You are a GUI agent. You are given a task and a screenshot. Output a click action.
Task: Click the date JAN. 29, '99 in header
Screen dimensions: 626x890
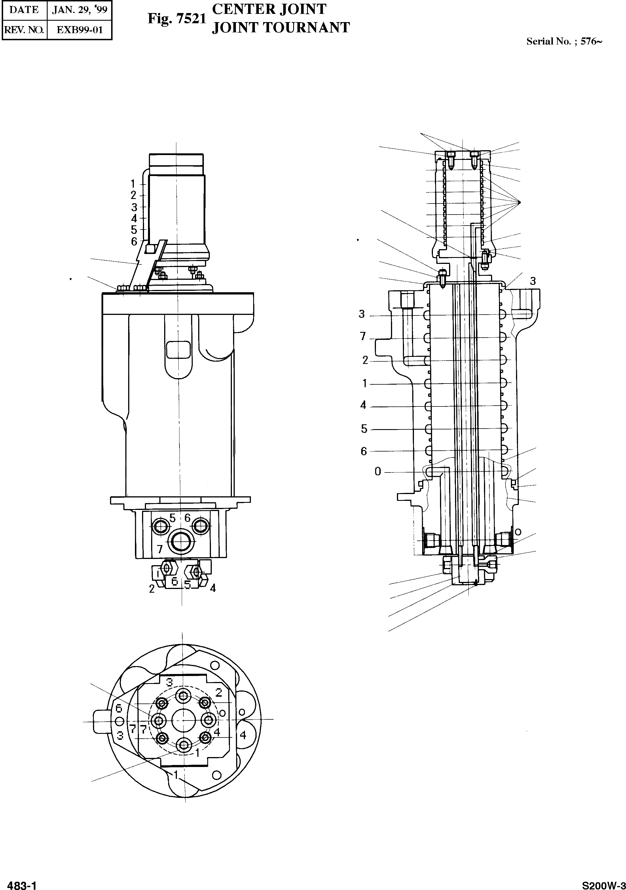point(79,10)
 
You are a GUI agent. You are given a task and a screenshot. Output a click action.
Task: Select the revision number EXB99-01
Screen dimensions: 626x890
point(79,30)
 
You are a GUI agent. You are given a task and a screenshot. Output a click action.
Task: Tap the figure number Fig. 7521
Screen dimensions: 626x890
point(176,19)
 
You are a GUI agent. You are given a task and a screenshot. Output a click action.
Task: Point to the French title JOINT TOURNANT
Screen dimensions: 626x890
point(281,27)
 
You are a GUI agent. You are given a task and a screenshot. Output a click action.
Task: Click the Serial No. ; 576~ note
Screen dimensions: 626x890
point(564,41)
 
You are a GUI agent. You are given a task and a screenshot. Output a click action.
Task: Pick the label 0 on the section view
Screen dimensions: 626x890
point(378,471)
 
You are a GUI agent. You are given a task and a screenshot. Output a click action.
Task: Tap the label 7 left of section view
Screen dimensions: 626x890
point(363,336)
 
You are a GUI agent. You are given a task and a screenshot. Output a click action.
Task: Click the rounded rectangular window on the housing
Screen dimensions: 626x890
point(178,350)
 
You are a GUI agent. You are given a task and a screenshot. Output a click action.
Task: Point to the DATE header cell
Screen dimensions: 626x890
point(24,10)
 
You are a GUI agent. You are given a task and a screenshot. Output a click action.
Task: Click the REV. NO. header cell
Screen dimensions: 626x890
point(24,30)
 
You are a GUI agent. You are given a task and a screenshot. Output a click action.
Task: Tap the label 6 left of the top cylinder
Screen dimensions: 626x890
point(134,241)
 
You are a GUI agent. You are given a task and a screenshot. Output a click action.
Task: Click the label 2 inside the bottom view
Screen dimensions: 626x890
point(219,692)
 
